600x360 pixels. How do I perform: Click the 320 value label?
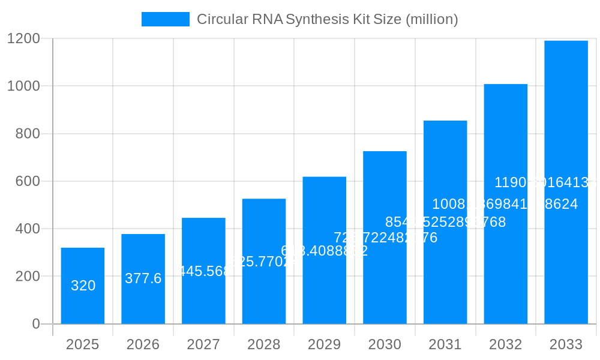[x=83, y=286]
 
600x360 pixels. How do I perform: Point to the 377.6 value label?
[x=143, y=278]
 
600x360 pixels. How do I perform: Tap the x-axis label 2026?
[x=143, y=344]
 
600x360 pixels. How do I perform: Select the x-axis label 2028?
[x=264, y=344]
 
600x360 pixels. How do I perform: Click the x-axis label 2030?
[x=385, y=344]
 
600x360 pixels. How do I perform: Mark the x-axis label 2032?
[x=506, y=344]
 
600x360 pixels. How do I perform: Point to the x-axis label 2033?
[x=566, y=344]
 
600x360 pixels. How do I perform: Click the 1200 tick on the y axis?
[x=23, y=39]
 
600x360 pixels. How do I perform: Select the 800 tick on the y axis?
[x=28, y=134]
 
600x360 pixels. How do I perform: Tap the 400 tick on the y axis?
[x=28, y=229]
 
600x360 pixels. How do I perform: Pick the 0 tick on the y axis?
[x=35, y=324]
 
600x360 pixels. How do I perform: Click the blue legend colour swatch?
[x=165, y=19]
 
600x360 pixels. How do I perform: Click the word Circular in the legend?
[x=218, y=19]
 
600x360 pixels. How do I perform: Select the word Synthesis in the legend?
[x=316, y=19]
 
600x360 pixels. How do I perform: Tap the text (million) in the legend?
[x=432, y=19]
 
